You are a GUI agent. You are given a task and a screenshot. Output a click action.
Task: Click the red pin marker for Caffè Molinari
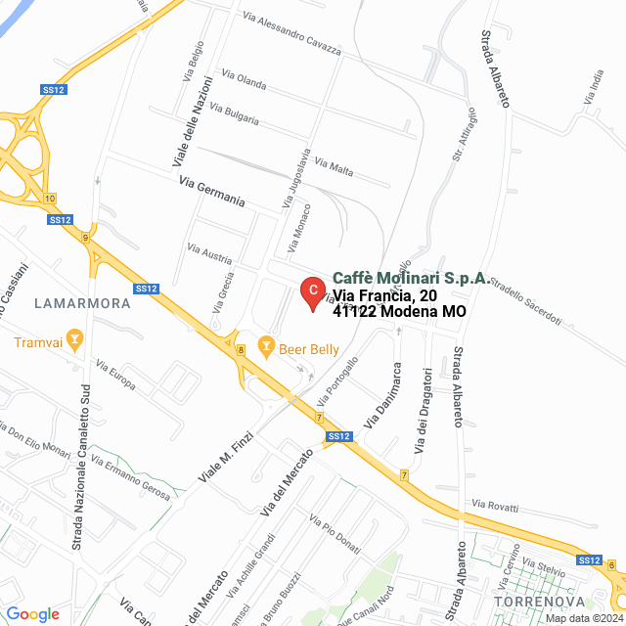[311, 291]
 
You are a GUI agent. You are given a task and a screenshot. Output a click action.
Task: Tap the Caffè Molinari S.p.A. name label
[411, 278]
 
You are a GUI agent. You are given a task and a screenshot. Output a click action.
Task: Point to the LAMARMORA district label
[82, 303]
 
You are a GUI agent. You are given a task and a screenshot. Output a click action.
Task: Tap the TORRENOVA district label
[539, 600]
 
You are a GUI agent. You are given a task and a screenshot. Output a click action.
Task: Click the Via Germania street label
[211, 192]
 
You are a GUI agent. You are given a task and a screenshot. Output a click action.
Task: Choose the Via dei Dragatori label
[423, 411]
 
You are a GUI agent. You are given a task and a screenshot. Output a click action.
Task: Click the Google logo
[32, 614]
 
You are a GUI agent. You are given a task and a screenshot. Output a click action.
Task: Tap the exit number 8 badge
[241, 349]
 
